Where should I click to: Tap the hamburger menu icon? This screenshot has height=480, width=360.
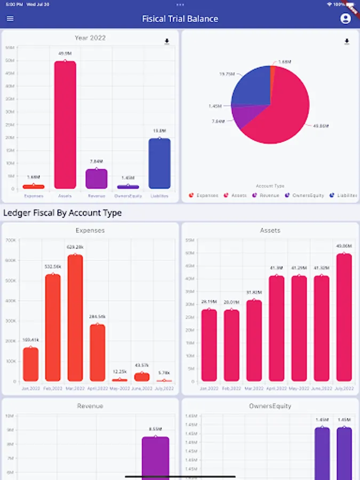pos(10,19)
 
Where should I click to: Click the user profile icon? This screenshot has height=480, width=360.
pos(346,19)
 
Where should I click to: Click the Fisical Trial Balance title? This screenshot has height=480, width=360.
pos(180,19)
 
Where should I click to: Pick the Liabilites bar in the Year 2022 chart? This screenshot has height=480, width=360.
pos(159,163)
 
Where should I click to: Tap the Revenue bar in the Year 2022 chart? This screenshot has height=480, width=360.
pos(97,179)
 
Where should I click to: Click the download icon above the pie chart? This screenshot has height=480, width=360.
pos(347,42)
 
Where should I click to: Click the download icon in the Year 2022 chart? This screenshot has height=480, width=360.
pos(166,42)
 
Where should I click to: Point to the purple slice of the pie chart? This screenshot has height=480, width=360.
pos(244,117)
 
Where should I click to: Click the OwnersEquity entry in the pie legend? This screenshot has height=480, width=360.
pos(305,196)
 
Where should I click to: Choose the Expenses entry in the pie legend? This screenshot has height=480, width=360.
pos(204,196)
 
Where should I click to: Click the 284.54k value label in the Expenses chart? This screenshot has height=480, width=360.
pos(98,317)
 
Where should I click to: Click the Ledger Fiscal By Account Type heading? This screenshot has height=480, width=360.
pos(62,213)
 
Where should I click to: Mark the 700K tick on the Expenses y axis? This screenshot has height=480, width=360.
pos(11,240)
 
